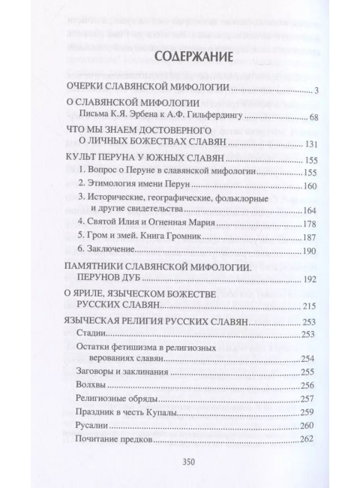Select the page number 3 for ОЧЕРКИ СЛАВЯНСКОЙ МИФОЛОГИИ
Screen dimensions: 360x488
point(318,91)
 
